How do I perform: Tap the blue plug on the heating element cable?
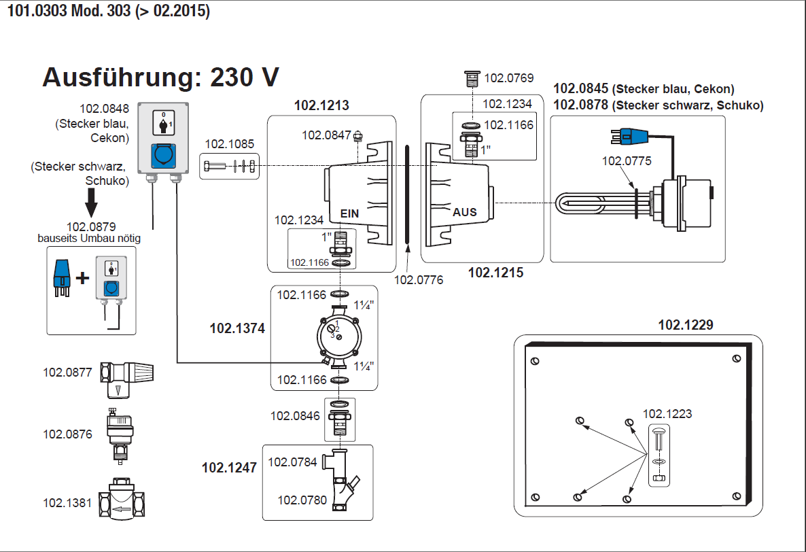[627, 137]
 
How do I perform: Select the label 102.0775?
[627, 161]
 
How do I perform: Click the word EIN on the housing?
[349, 213]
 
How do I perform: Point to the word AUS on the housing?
[465, 212]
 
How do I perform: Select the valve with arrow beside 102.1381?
[126, 504]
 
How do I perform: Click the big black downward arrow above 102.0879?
[90, 203]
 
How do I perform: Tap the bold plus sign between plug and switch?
[82, 278]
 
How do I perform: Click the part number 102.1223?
[667, 413]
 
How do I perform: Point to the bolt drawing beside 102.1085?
[229, 166]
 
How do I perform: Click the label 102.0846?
[295, 415]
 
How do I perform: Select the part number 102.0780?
[302, 500]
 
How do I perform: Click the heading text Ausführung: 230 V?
[160, 77]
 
